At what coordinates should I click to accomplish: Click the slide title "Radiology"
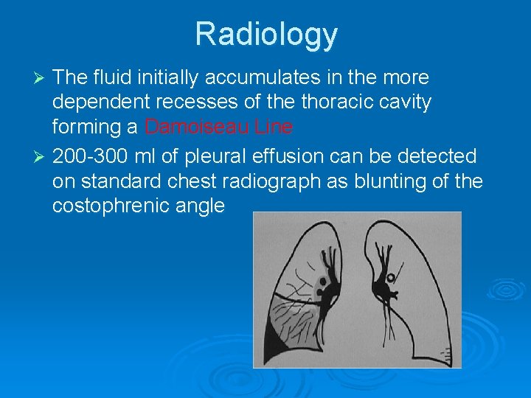point(266,34)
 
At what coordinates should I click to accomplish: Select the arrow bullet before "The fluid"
point(41,78)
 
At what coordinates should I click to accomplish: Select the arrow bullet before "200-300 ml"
point(41,157)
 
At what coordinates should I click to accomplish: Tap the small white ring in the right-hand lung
point(391,279)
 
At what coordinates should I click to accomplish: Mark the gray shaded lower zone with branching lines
point(299,317)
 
